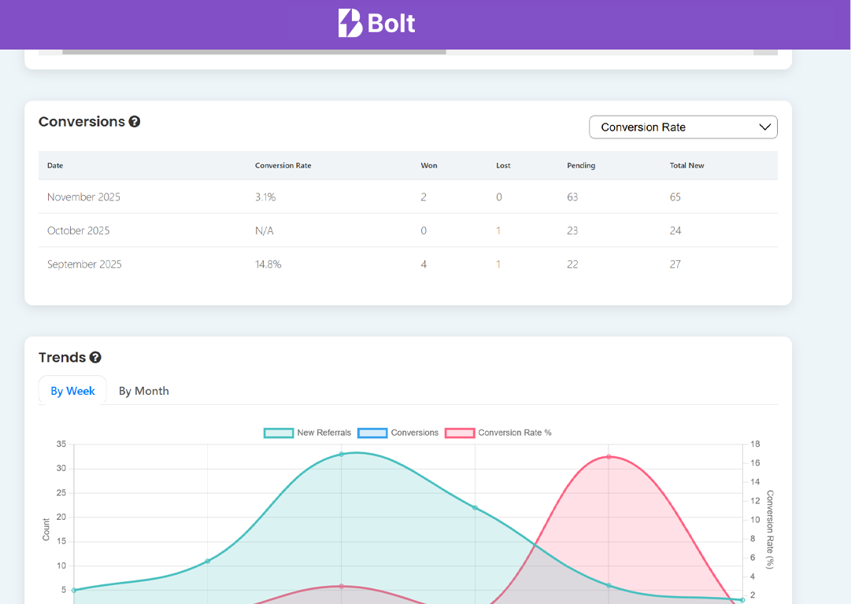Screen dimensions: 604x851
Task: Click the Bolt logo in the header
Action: coord(377,24)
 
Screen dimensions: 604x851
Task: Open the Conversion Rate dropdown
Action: coord(683,127)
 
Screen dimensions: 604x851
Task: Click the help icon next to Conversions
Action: coord(135,122)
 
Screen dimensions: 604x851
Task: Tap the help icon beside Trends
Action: coord(95,358)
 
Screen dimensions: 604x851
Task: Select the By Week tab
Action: coord(72,391)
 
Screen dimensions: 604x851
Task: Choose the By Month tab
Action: coord(143,391)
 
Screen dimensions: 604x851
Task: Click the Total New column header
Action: coord(686,166)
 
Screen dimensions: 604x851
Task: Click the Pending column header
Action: coord(580,166)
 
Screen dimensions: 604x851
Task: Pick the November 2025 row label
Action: coord(83,197)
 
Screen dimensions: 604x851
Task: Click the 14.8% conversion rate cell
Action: coord(268,265)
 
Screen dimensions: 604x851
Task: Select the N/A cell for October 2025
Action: coord(264,231)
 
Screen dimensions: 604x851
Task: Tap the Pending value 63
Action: coord(572,197)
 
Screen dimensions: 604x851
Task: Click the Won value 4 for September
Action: coord(424,265)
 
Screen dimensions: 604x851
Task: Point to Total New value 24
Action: coord(675,231)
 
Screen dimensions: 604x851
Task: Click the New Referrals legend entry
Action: coord(308,433)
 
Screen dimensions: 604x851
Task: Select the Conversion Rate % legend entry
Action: coord(498,433)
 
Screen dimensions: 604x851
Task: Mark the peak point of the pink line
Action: coord(609,457)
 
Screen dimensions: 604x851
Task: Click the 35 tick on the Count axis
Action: coord(61,444)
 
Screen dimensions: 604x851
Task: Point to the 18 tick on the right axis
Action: coord(755,444)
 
